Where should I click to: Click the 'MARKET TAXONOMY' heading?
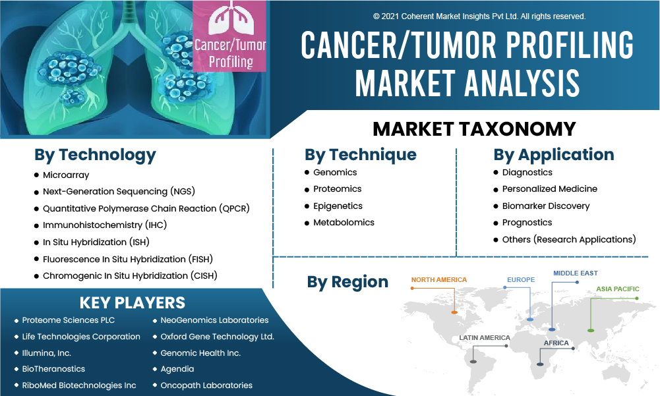[x=474, y=128]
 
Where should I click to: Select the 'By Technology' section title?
[x=95, y=156]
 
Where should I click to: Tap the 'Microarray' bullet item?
[x=66, y=175]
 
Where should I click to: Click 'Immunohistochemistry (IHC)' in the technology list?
[x=105, y=225]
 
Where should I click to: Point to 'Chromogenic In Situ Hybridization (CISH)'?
[x=130, y=275]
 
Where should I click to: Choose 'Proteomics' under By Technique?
[x=337, y=189]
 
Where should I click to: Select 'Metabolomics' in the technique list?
[x=344, y=222]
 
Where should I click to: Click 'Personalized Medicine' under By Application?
[x=549, y=189]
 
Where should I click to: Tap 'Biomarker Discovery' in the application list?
[x=545, y=206]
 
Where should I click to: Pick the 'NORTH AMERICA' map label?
[x=439, y=280]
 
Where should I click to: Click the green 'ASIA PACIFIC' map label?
[x=618, y=289]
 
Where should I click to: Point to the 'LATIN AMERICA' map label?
[x=485, y=338]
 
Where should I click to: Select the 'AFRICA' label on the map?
[x=556, y=343]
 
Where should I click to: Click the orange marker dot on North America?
[x=454, y=312]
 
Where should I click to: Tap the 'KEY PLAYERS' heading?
[x=132, y=303]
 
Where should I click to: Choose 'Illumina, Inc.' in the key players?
[x=46, y=353]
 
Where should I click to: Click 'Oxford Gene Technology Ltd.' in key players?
[x=217, y=337]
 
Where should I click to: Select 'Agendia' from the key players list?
[x=177, y=369]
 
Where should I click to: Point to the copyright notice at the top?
[x=479, y=16]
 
